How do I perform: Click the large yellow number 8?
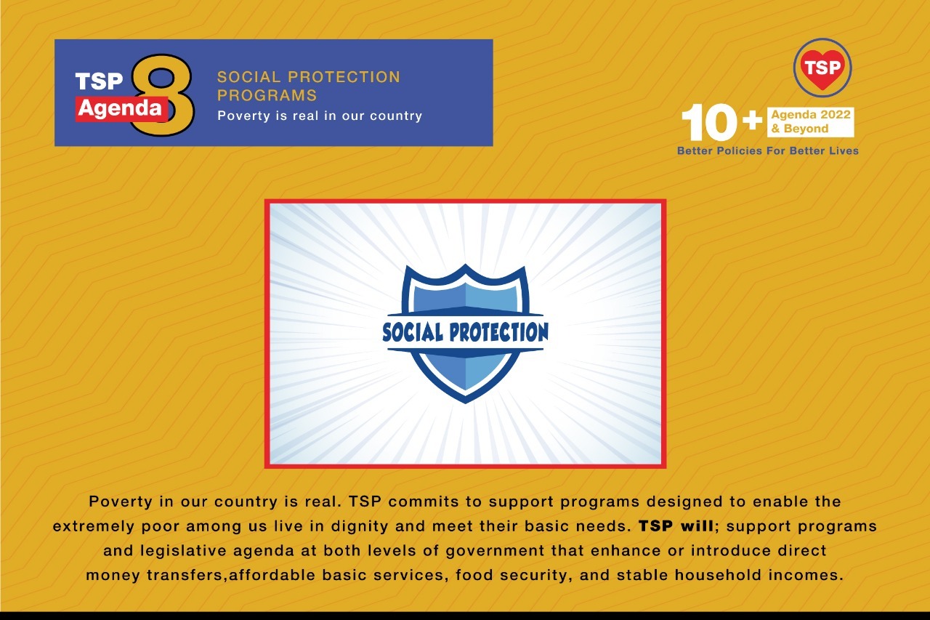click(161, 94)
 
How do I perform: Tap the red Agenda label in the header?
click(121, 109)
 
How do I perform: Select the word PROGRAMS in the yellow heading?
click(267, 95)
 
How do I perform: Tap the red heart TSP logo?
click(822, 68)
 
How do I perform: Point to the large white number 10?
click(711, 123)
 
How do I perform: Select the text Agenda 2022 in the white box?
click(811, 116)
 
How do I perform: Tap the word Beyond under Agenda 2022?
click(806, 129)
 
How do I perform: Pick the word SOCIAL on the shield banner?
click(413, 333)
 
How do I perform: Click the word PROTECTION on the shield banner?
click(498, 333)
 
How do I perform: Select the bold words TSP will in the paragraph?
click(676, 526)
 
